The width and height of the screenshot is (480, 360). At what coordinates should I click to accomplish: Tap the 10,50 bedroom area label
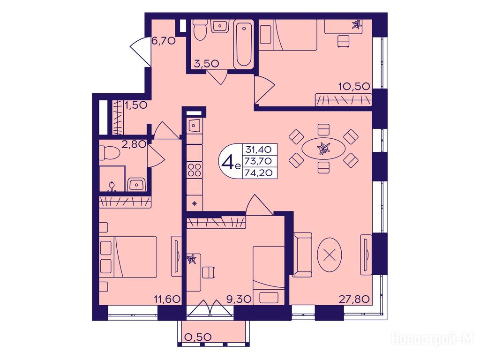(x=354, y=86)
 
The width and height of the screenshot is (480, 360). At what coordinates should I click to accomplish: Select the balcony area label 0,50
(x=198, y=337)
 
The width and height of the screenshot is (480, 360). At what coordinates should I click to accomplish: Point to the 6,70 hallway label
(x=164, y=40)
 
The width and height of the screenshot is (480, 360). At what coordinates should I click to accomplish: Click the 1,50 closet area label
(x=135, y=105)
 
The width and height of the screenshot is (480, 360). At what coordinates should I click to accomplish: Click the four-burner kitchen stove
(x=195, y=170)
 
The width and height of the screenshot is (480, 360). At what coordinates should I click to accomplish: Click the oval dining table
(x=323, y=149)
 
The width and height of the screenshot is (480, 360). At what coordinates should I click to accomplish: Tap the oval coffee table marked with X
(x=330, y=255)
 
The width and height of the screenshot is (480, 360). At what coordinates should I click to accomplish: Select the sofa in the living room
(x=302, y=255)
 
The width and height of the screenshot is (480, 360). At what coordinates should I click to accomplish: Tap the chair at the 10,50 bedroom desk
(x=344, y=41)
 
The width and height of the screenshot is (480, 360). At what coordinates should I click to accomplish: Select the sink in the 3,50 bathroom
(x=219, y=26)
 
